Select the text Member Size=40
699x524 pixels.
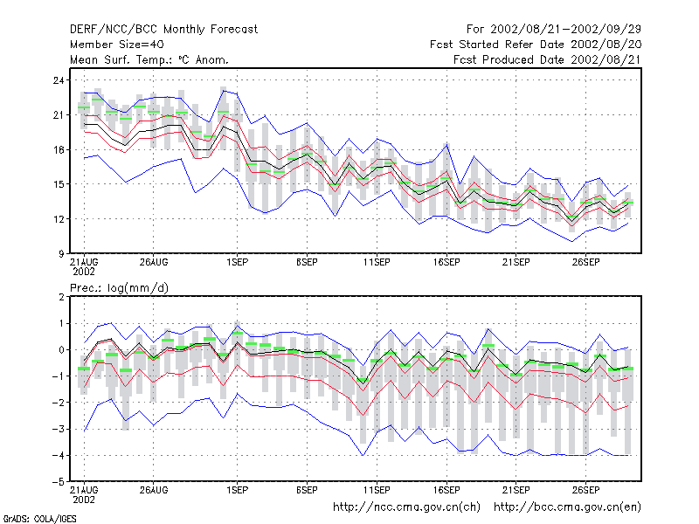click(117, 45)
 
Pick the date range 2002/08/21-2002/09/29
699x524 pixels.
click(565, 30)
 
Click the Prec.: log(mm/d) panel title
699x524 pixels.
click(119, 288)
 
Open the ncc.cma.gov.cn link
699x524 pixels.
click(406, 507)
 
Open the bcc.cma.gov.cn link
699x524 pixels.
click(567, 507)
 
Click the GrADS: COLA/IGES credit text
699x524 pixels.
click(39, 519)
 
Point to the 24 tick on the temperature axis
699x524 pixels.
click(59, 80)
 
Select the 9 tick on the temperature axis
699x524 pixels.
click(61, 254)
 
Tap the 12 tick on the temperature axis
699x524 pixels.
click(59, 219)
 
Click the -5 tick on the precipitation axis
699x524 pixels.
click(59, 482)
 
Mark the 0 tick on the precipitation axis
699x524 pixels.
click(61, 350)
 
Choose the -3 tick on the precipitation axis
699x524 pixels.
click(59, 429)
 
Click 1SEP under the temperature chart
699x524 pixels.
click(237, 263)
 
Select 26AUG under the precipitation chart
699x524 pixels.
click(154, 490)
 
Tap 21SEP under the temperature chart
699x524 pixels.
click(516, 263)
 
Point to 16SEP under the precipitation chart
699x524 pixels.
click(446, 490)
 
